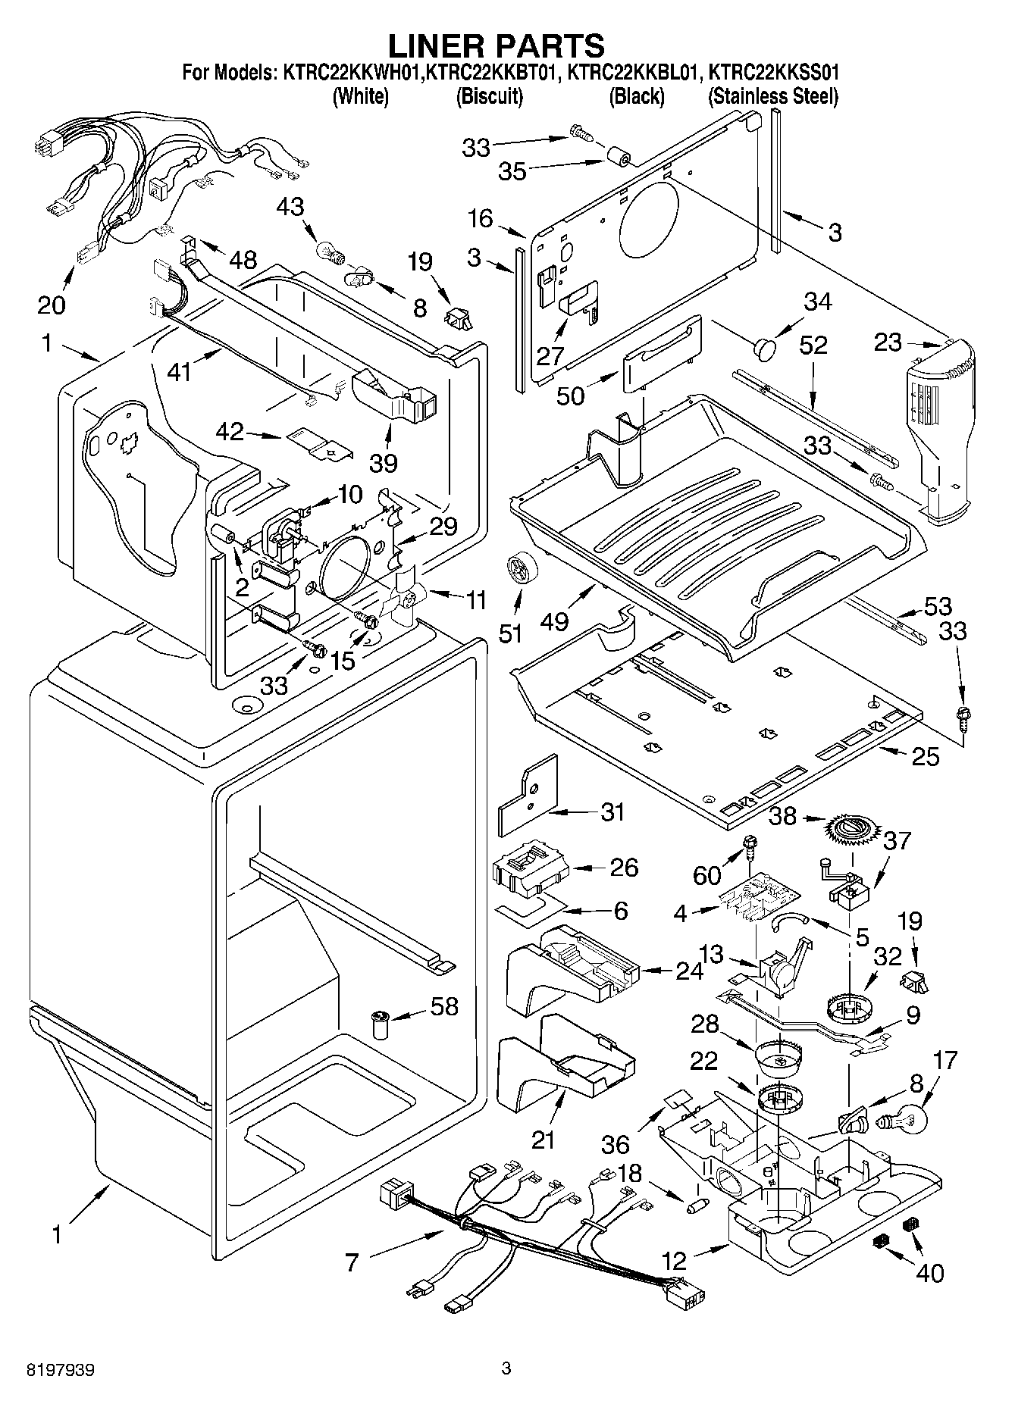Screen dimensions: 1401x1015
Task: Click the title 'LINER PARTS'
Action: pos(497,45)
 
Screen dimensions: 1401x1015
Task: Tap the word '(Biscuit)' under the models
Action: pos(489,96)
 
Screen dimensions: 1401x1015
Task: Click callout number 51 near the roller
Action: pos(511,632)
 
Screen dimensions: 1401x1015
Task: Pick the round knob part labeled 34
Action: pos(766,349)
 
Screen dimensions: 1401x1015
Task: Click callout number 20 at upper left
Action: pos(52,305)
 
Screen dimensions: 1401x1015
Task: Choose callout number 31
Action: pos(612,812)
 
